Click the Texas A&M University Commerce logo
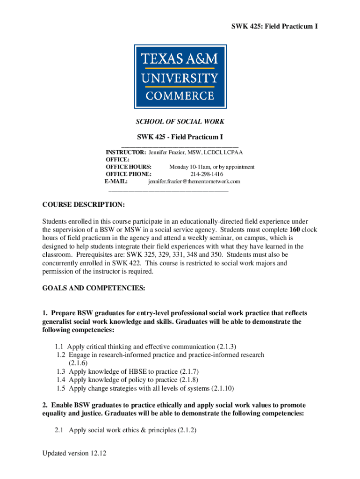[180, 76]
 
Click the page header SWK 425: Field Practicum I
[275, 27]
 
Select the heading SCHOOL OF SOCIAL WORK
[180, 122]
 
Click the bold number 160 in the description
[295, 230]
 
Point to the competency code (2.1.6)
[78, 363]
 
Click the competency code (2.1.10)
[223, 388]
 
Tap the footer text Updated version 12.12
[72, 453]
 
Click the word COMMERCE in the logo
[180, 96]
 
